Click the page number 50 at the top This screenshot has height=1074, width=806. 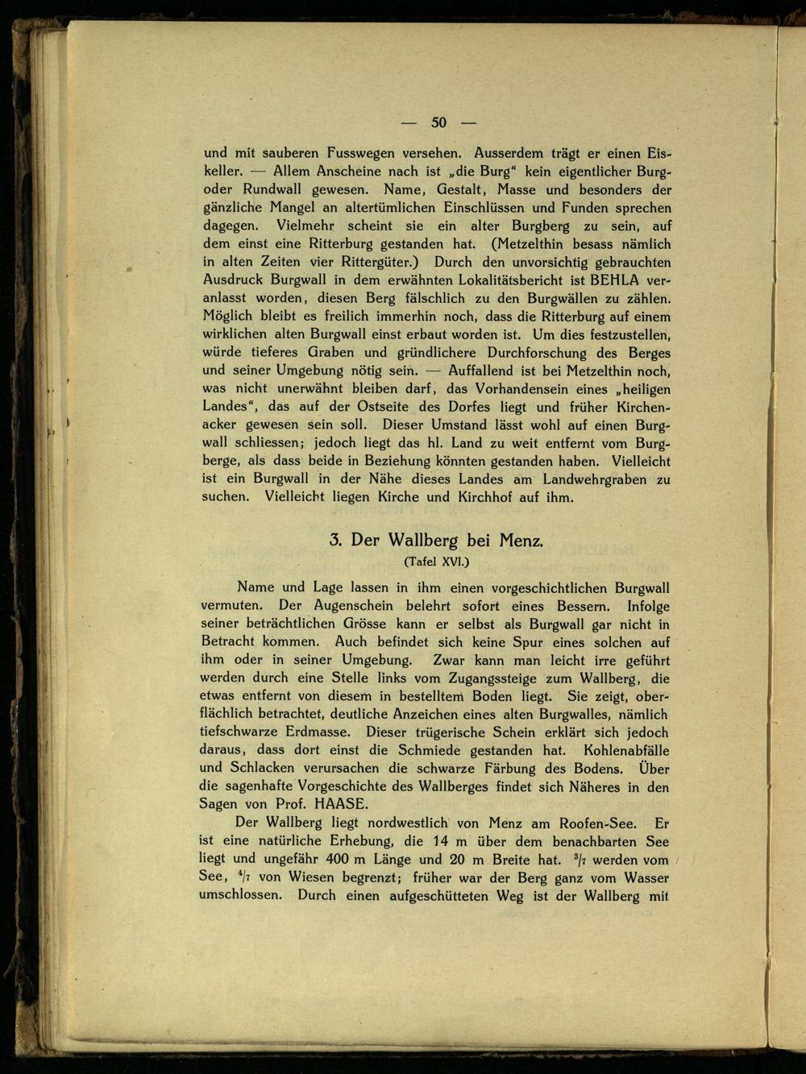pos(438,122)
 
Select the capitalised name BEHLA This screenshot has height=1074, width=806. pos(617,280)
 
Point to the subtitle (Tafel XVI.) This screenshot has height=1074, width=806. pos(434,561)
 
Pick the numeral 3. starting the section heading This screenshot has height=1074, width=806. pos(336,540)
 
